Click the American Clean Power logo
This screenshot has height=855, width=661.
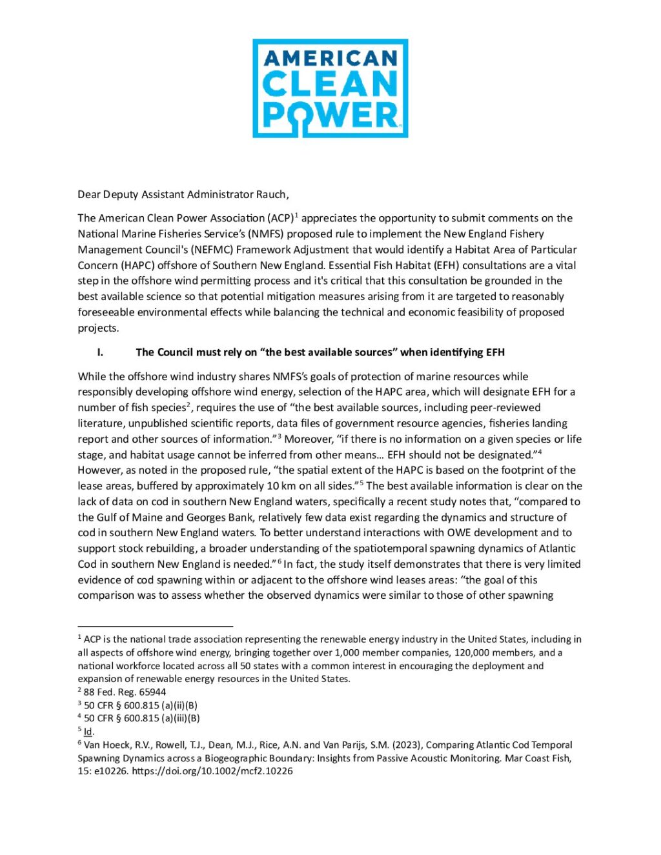[330, 88]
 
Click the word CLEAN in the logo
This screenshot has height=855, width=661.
[330, 85]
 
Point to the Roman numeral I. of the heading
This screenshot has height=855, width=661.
[100, 352]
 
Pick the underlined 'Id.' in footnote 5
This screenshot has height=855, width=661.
[89, 732]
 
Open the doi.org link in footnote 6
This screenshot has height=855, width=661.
[212, 771]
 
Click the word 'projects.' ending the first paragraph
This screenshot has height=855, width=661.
[98, 328]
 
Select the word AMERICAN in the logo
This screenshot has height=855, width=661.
[330, 59]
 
